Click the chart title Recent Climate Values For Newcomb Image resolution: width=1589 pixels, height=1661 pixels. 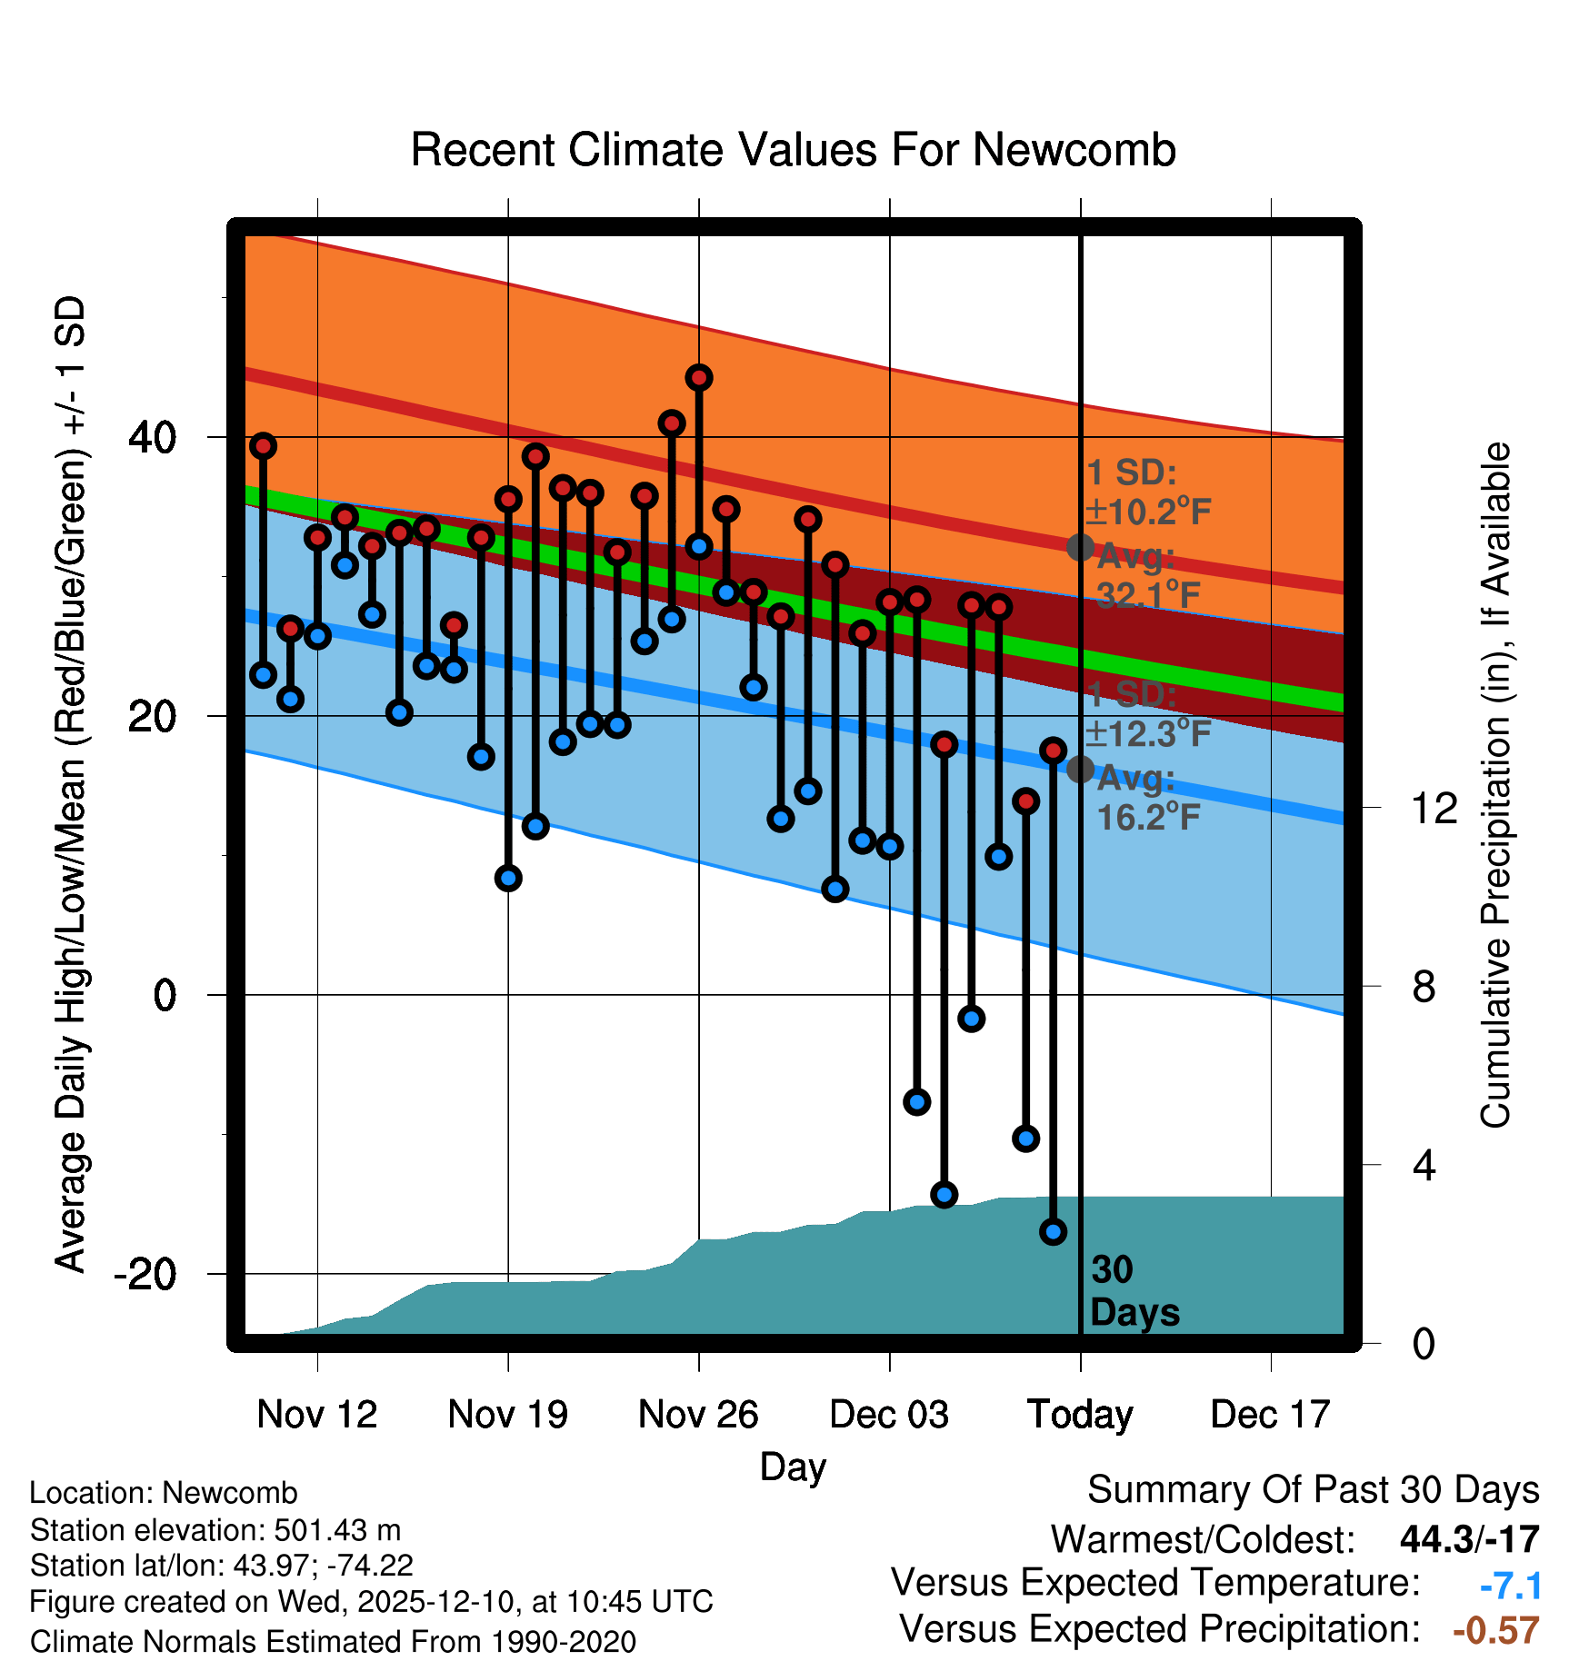(x=793, y=150)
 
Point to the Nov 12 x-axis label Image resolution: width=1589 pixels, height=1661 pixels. (x=316, y=1414)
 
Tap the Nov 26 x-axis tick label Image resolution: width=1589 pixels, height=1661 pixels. (x=698, y=1414)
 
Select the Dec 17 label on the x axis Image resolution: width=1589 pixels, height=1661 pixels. (x=1270, y=1414)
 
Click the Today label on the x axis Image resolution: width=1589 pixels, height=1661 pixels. (x=1080, y=1414)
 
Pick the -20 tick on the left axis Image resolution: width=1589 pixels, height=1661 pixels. (x=145, y=1274)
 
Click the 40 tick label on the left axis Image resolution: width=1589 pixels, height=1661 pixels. (x=153, y=438)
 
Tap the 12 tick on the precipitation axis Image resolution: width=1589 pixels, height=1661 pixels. (x=1434, y=808)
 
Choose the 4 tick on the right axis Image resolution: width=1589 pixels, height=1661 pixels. (x=1424, y=1165)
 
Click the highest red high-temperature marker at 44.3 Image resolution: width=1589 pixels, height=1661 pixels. (x=699, y=378)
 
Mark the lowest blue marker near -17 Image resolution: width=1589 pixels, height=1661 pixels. (x=1054, y=1232)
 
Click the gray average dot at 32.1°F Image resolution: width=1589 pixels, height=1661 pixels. (x=1080, y=547)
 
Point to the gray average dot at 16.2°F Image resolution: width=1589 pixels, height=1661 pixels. (x=1080, y=769)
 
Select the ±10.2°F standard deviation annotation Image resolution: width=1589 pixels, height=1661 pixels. (x=1148, y=512)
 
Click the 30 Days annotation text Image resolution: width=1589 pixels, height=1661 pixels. (x=1134, y=1291)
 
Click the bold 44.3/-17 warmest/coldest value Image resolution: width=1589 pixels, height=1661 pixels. (x=1469, y=1539)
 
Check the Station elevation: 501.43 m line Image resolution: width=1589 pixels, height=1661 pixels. (x=215, y=1530)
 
